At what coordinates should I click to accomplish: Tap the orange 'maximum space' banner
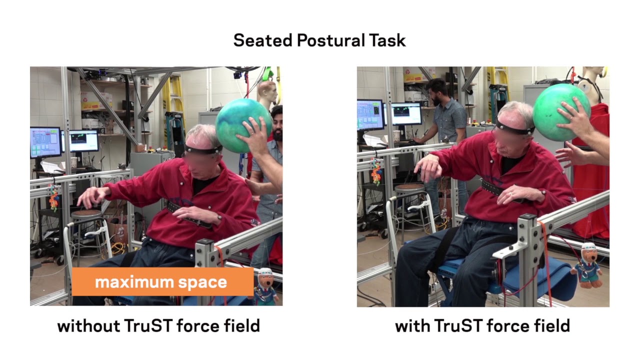click(162, 282)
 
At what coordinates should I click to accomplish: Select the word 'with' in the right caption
click(411, 326)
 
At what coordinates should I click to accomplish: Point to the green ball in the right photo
click(559, 112)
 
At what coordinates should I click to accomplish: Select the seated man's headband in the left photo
click(202, 148)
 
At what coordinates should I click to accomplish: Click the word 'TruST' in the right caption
click(457, 326)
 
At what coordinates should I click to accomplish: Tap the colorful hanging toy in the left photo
click(53, 197)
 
